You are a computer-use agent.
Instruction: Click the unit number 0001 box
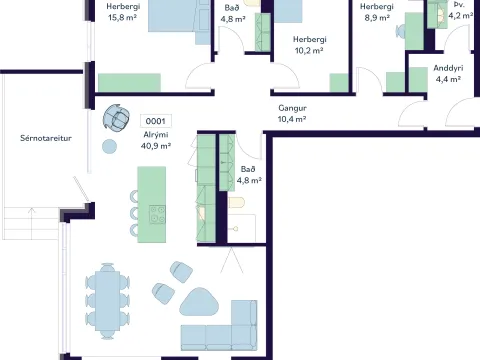pyautogui.click(x=156, y=121)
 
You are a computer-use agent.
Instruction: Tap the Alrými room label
pyautogui.click(x=156, y=135)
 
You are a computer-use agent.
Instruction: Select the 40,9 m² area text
pyautogui.click(x=156, y=146)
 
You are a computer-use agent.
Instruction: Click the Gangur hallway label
pyautogui.click(x=292, y=108)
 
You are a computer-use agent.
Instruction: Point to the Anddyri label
pyautogui.click(x=448, y=68)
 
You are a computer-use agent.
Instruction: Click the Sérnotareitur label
pyautogui.click(x=46, y=138)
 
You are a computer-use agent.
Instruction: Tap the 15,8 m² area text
pyautogui.click(x=123, y=17)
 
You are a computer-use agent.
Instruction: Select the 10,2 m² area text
pyautogui.click(x=309, y=50)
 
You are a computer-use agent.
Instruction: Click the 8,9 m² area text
pyautogui.click(x=377, y=18)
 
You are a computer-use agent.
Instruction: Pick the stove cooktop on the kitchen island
pyautogui.click(x=157, y=214)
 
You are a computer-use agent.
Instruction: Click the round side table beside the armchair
pyautogui.click(x=109, y=146)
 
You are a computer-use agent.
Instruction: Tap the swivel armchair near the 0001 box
pyautogui.click(x=116, y=117)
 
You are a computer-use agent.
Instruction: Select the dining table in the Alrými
pyautogui.click(x=107, y=301)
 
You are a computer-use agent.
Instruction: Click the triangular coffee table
pyautogui.click(x=199, y=302)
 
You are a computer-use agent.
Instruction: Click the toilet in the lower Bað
pyautogui.click(x=237, y=202)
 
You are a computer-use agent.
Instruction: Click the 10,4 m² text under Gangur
pyautogui.click(x=292, y=119)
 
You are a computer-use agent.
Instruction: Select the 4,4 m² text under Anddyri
pyautogui.click(x=448, y=79)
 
